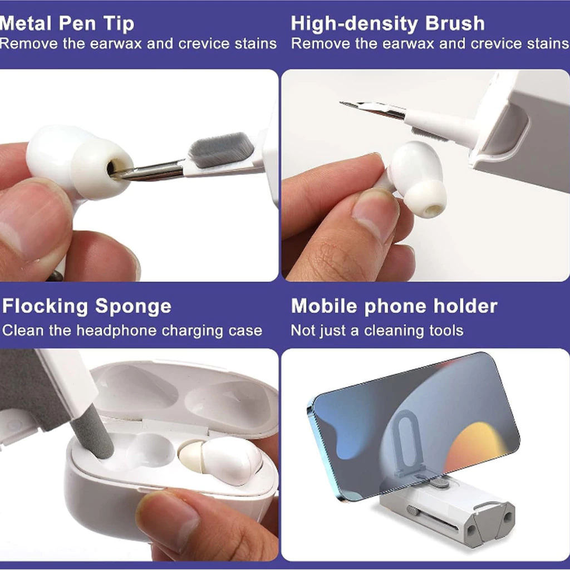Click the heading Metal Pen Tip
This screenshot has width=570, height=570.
67,24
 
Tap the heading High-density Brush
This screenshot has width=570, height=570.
387,24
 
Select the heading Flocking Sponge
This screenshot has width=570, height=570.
86,307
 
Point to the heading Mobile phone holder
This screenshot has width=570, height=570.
394,306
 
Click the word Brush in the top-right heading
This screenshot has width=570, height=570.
455,23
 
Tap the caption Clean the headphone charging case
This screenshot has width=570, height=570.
132,331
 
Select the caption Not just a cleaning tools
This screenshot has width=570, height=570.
377,331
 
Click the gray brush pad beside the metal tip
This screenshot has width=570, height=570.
221,149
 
